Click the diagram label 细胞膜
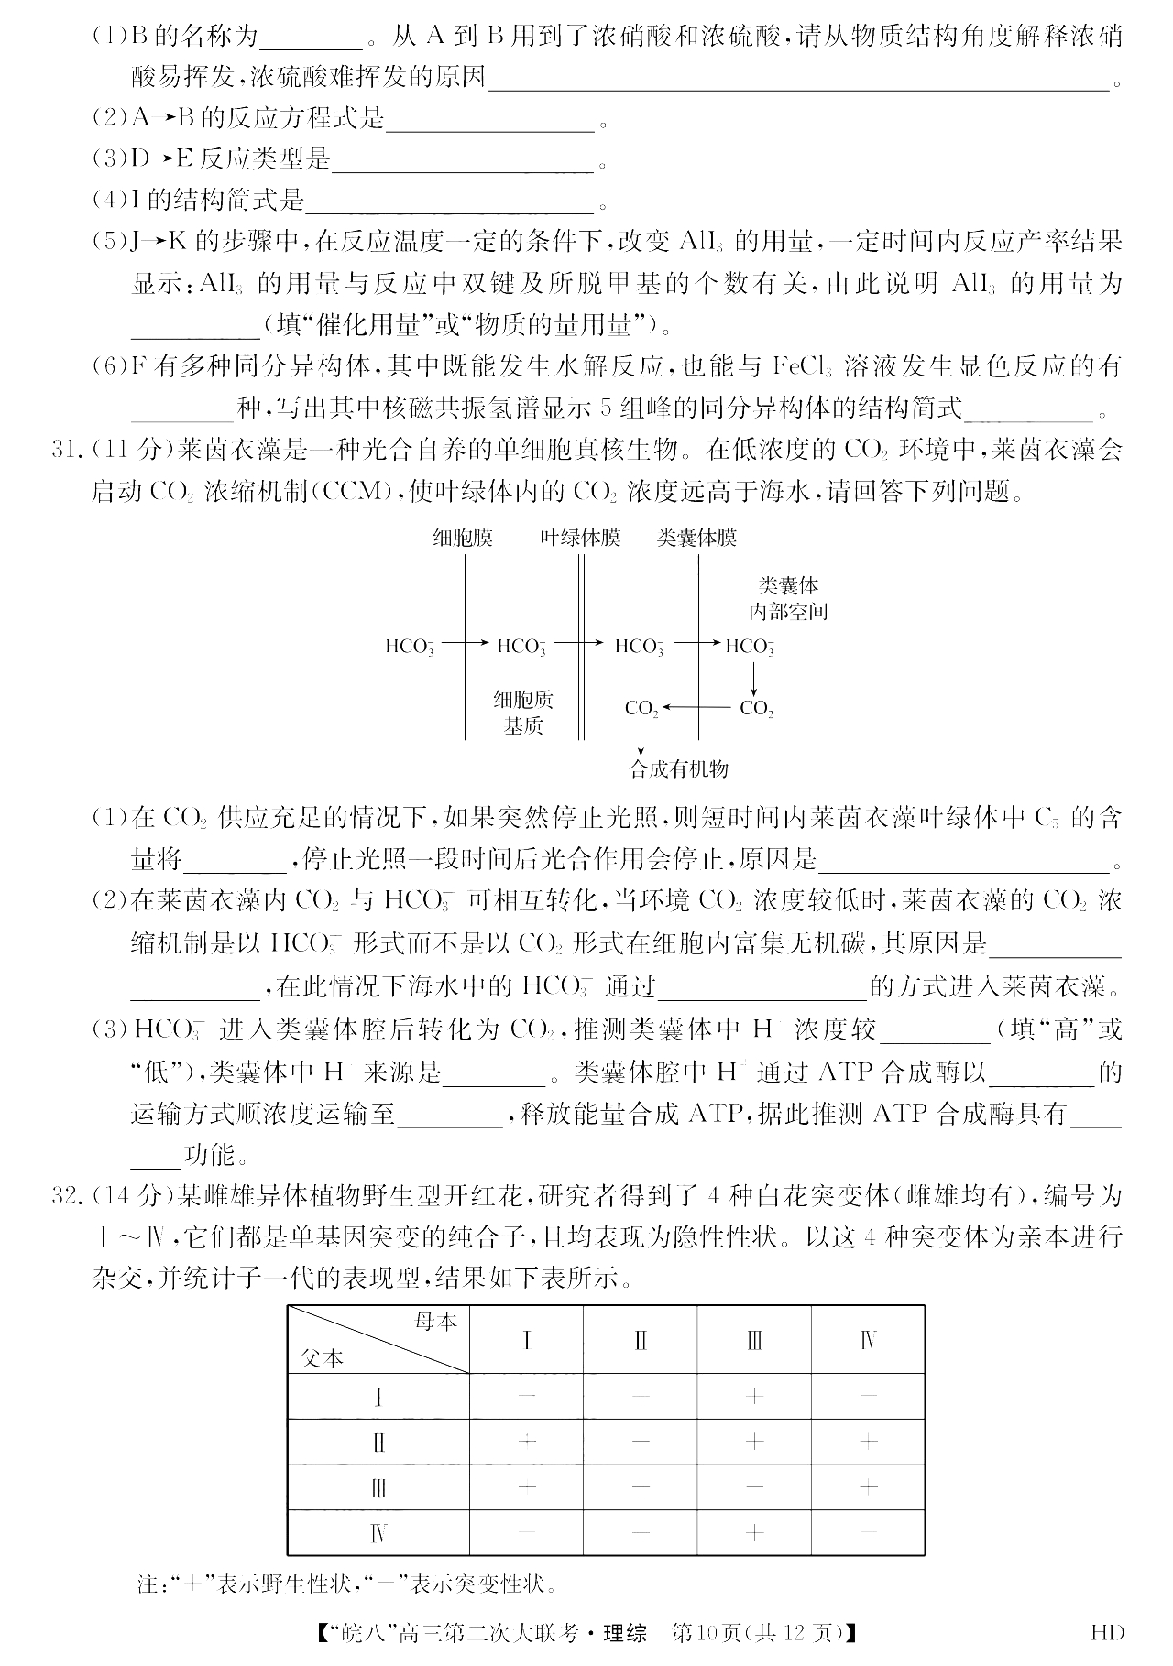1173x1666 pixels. [463, 539]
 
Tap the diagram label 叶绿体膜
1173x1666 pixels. [580, 539]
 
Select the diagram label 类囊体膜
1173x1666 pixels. [696, 539]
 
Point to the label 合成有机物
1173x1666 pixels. [678, 768]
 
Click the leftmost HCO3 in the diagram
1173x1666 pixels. [410, 647]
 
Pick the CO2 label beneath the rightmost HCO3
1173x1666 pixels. [757, 708]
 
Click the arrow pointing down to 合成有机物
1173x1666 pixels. [641, 737]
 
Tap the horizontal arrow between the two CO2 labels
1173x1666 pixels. [698, 707]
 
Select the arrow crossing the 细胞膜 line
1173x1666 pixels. [466, 645]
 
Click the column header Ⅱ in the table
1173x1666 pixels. [641, 1342]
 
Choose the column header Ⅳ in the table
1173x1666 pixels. [868, 1342]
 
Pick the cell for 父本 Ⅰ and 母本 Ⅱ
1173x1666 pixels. [641, 1396]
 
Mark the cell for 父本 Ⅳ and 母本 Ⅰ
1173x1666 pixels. [527, 1531]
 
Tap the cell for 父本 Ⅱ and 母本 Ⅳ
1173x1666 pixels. [868, 1442]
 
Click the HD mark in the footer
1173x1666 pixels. [1107, 1631]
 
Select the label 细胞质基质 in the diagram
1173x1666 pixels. [523, 713]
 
